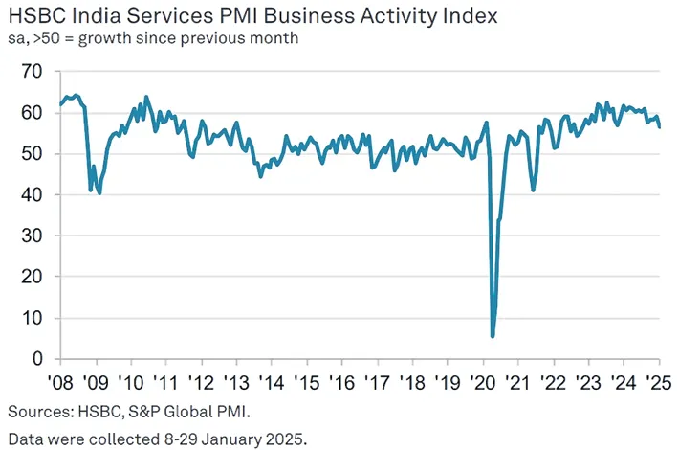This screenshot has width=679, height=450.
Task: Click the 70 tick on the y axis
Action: click(x=33, y=72)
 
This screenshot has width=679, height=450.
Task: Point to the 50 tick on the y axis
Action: click(x=33, y=154)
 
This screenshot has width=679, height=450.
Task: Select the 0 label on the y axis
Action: click(x=38, y=359)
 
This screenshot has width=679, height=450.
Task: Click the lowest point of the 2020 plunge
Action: click(x=493, y=336)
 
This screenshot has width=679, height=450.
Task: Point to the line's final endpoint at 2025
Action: click(x=659, y=127)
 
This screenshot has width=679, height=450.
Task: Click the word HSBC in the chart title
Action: click(x=36, y=17)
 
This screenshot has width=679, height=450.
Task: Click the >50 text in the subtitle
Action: click(x=42, y=38)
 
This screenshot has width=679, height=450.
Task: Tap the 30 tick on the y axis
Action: click(x=33, y=236)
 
